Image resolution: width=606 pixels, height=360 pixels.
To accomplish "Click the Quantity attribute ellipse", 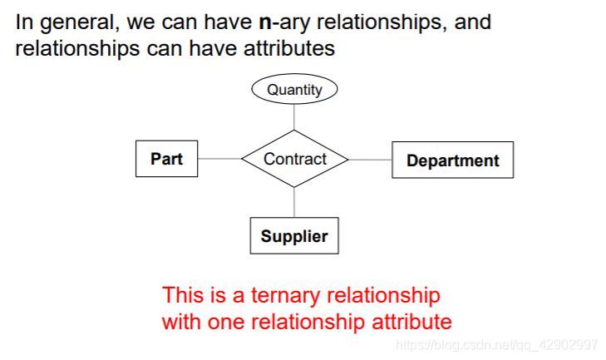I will click(294, 90).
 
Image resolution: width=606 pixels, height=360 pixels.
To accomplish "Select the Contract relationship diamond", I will click(294, 159).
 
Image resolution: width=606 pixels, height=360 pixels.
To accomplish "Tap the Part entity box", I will click(166, 159).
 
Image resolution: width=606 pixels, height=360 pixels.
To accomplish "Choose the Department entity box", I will click(452, 160).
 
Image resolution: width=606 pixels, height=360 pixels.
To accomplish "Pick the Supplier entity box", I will click(294, 236).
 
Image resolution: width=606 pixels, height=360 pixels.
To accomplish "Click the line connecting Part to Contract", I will click(219, 159).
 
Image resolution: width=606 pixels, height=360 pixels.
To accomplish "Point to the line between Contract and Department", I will click(370, 160).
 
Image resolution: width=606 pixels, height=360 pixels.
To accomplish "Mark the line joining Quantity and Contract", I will click(294, 117).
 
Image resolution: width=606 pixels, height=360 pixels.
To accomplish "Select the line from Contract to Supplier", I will click(294, 203).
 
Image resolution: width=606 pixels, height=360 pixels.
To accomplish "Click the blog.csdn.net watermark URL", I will click(496, 344).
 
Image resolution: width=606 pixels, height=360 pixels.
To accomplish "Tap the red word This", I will click(181, 295).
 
